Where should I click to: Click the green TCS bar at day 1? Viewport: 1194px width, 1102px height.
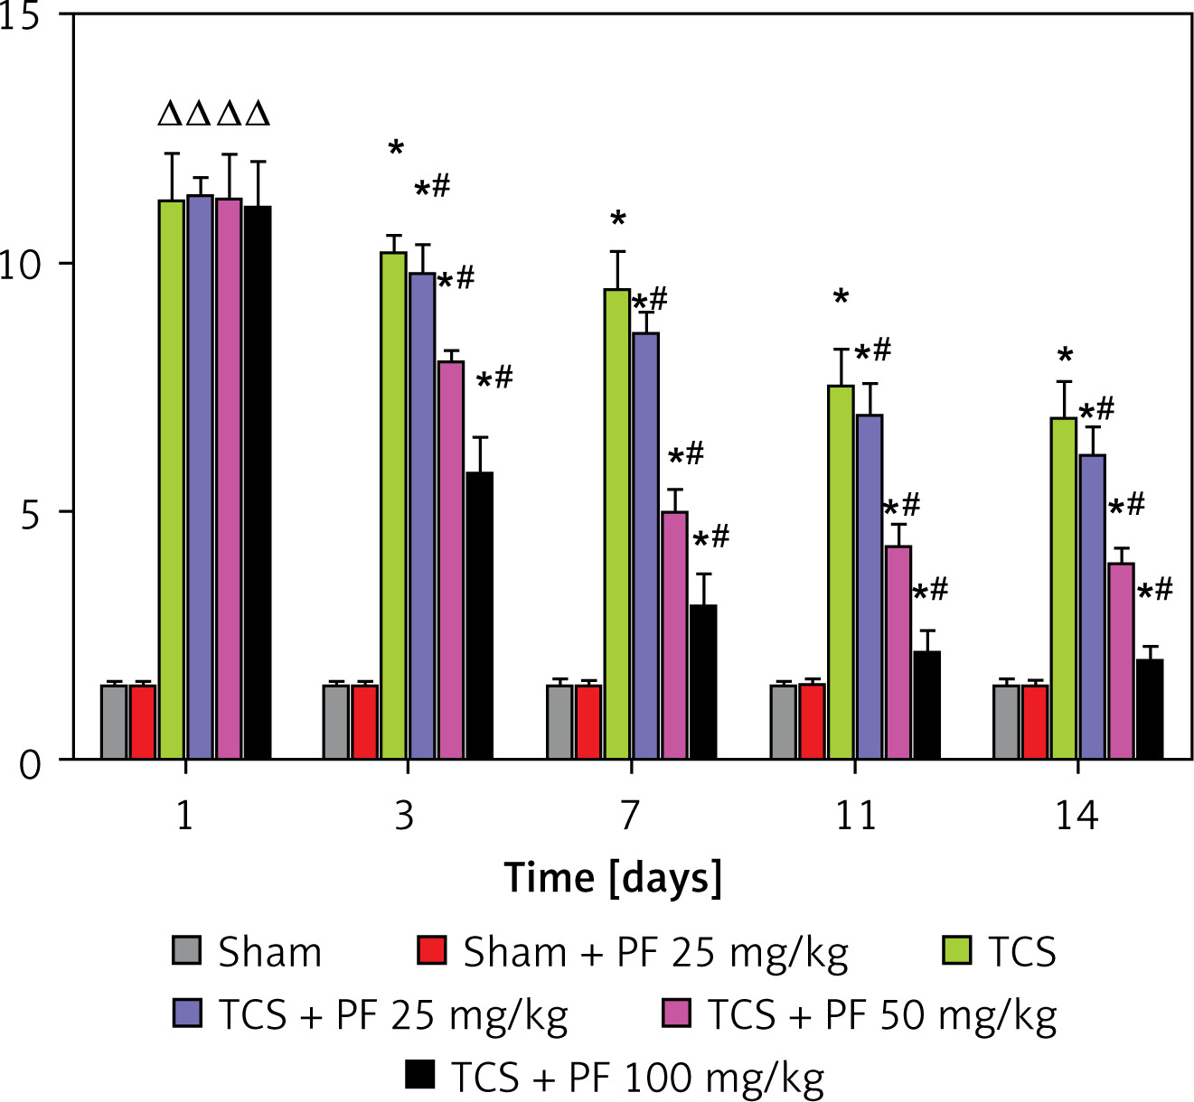(172, 479)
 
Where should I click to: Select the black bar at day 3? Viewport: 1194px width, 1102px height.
(480, 615)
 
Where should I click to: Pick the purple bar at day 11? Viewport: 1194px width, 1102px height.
(870, 586)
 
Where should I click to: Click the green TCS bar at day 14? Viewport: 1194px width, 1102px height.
(1064, 588)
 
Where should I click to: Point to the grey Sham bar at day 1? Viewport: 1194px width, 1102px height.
(114, 722)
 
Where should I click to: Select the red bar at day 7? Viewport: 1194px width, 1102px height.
(588, 722)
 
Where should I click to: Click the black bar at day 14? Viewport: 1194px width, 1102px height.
(1150, 709)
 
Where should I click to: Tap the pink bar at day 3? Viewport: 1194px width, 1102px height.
(451, 560)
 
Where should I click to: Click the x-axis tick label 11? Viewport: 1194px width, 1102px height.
(855, 816)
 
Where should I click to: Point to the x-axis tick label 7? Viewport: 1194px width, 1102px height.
(630, 816)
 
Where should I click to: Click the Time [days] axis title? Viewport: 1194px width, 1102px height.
(613, 879)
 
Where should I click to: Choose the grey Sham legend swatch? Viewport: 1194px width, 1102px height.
(186, 951)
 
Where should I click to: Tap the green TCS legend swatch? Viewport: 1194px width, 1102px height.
(956, 951)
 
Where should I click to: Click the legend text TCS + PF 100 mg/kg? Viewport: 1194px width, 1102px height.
(637, 1078)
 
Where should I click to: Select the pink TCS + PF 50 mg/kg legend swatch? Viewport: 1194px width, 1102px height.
(676, 1014)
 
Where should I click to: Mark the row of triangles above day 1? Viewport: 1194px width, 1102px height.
(214, 115)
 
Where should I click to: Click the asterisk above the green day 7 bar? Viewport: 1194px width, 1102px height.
(618, 219)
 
